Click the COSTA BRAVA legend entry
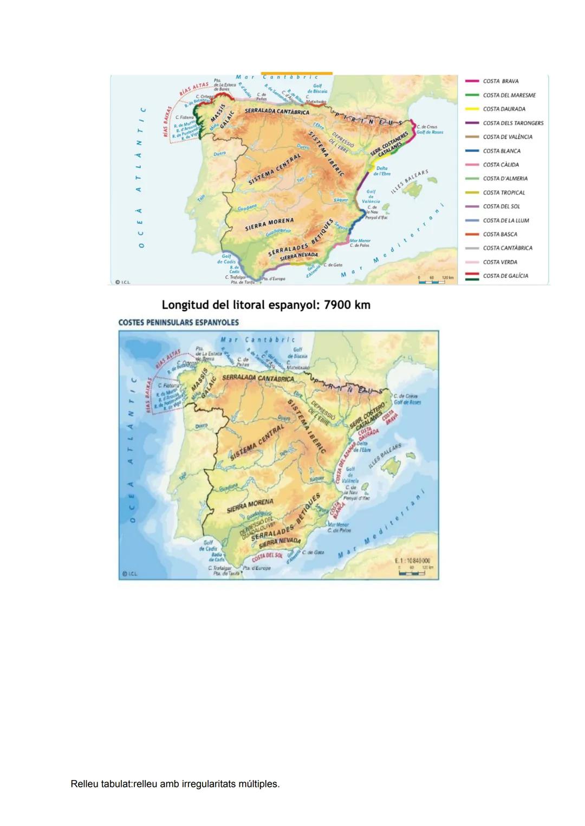[x=500, y=81]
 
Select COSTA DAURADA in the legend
[x=504, y=109]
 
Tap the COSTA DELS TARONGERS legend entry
[x=512, y=123]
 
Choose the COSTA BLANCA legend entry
[x=502, y=151]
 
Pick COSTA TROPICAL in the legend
[x=504, y=192]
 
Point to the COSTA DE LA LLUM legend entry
[x=506, y=220]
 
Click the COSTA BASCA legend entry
[x=500, y=235]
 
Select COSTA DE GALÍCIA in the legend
[x=505, y=276]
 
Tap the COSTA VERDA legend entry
[x=500, y=262]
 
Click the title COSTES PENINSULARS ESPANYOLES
[x=178, y=322]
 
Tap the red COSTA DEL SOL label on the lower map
[x=267, y=556]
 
